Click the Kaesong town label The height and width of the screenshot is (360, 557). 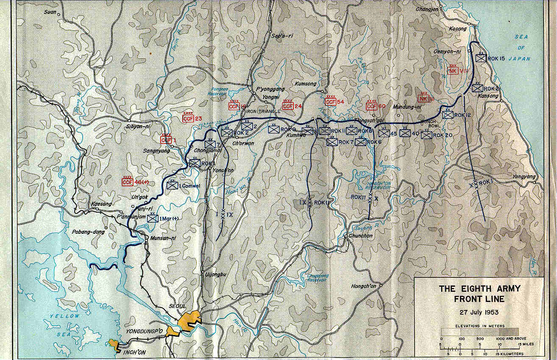click(x=101, y=204)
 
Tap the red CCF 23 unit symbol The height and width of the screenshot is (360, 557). click(x=188, y=119)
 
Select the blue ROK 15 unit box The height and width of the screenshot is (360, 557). click(x=480, y=58)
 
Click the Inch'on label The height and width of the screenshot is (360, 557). click(x=134, y=351)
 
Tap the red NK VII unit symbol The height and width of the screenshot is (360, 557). click(x=453, y=71)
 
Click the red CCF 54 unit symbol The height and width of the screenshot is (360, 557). click(x=330, y=102)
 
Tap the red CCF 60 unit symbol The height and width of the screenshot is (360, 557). click(x=372, y=106)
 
